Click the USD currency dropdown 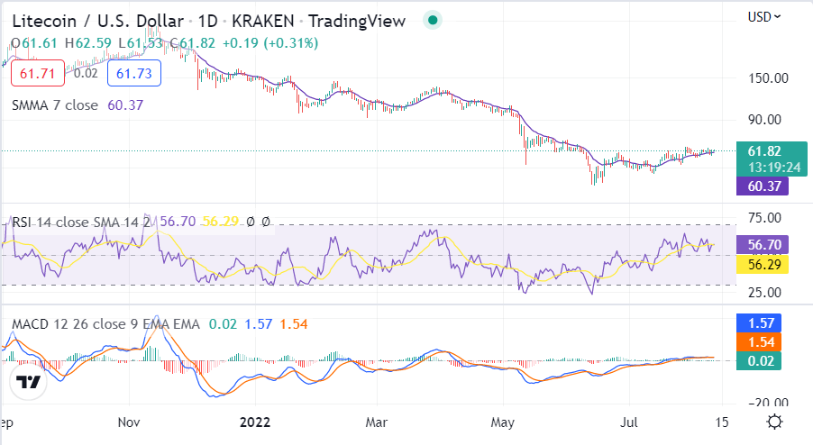point(764,16)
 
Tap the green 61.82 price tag point(763,150)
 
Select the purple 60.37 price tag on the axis point(763,186)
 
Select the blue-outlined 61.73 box point(133,72)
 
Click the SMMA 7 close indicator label point(55,104)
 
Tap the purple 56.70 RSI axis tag point(763,244)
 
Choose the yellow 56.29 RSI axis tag point(763,264)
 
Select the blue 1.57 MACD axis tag point(763,322)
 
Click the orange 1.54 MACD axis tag point(763,341)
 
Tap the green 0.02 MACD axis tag point(763,360)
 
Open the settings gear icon point(774,422)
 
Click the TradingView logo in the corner point(29,382)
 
